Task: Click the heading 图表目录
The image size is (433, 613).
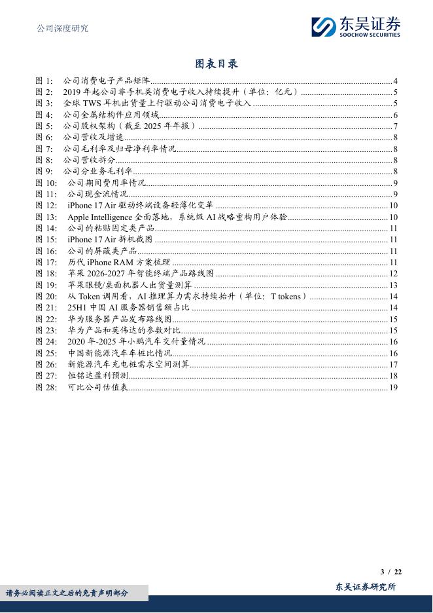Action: [x=217, y=64]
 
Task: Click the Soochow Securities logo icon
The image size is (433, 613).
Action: [x=323, y=27]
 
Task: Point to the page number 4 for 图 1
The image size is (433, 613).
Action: [x=396, y=81]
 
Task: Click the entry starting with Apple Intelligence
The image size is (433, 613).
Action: [x=177, y=217]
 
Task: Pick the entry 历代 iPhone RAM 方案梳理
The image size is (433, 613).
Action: [x=118, y=262]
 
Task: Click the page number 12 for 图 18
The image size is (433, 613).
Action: [x=394, y=273]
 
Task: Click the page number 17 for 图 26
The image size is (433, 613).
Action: [x=394, y=364]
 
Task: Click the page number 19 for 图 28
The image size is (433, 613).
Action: [x=394, y=387]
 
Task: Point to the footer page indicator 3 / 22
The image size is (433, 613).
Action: [x=390, y=572]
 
